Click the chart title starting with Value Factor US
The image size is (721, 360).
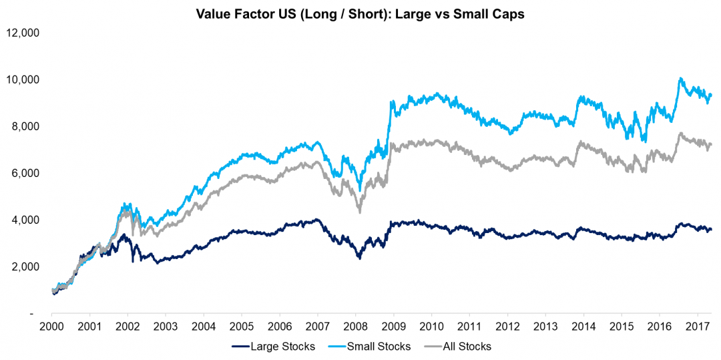point(360,14)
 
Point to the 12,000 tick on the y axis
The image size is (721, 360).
point(23,32)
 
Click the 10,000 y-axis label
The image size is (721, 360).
point(23,79)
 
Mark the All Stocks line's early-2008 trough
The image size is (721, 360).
point(360,212)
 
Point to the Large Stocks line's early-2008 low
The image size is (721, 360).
point(360,257)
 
